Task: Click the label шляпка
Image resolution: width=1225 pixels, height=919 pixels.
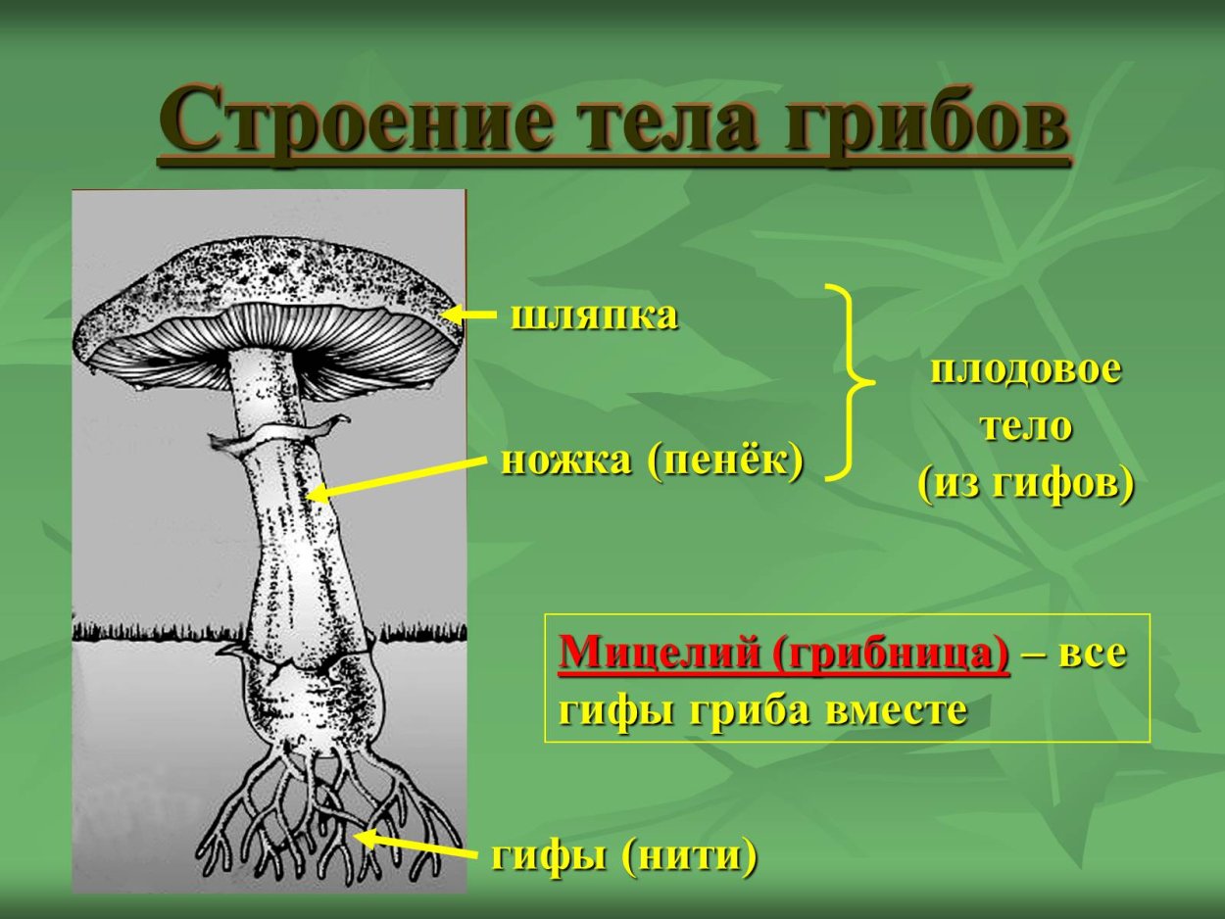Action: [594, 316]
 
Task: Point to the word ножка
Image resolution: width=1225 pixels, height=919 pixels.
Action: [565, 459]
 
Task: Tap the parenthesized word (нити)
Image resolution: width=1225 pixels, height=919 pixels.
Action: [689, 857]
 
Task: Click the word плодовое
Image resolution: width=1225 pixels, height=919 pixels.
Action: [1026, 371]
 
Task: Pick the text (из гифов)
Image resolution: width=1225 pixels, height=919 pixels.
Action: [1026, 484]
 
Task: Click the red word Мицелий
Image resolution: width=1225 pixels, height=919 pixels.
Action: [659, 653]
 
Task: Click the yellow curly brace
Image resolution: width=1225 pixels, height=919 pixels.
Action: [848, 382]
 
